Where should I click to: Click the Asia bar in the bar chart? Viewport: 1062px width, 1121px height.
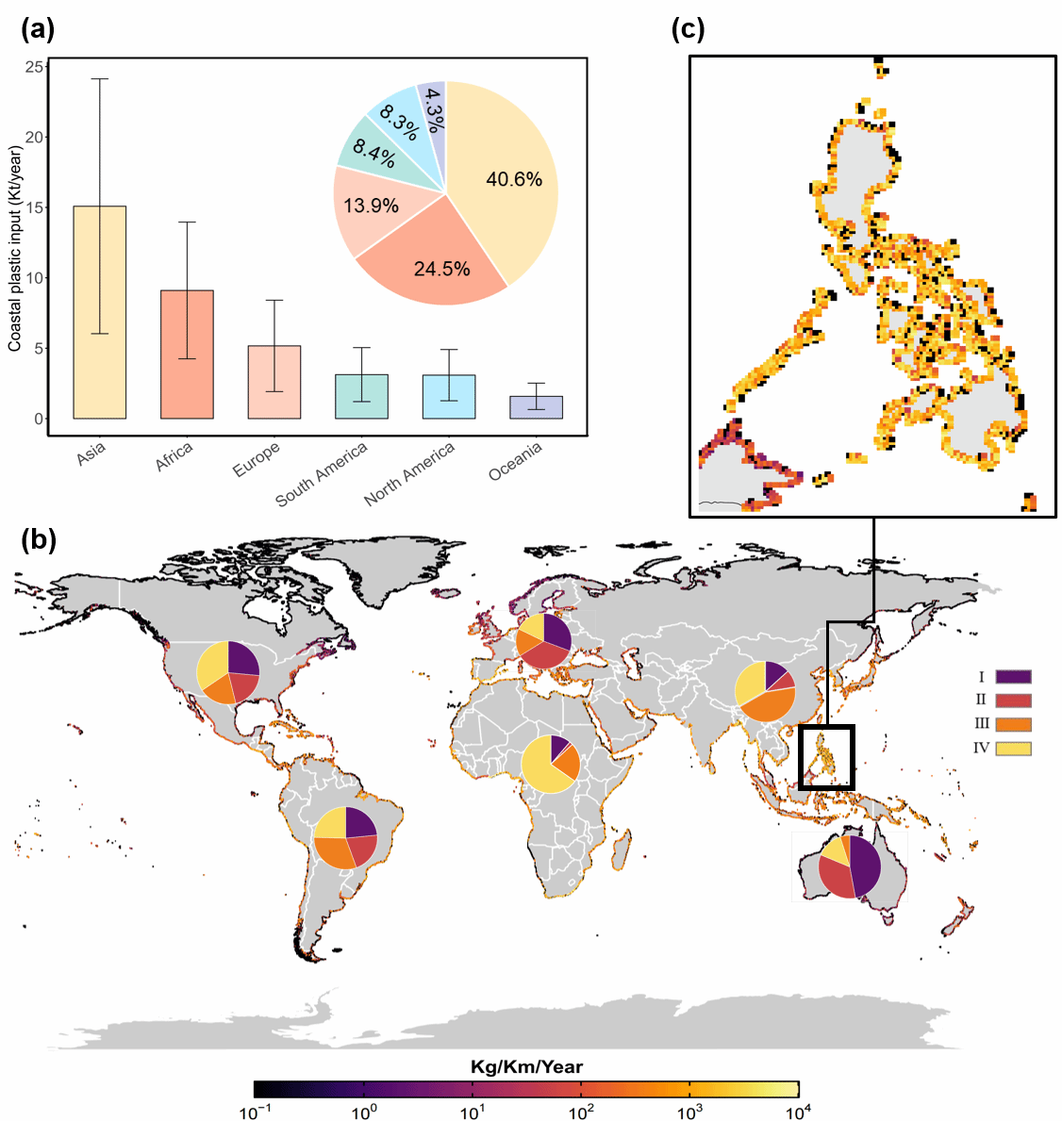100,312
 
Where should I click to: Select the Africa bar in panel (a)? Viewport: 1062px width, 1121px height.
187,354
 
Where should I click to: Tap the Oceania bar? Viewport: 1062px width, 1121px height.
536,407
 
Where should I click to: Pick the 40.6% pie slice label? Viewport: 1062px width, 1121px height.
514,179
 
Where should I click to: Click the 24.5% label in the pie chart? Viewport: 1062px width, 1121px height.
441,270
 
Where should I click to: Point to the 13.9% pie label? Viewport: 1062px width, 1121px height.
371,206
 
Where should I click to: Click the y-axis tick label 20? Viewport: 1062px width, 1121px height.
35,138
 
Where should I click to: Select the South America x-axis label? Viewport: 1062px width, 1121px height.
322,474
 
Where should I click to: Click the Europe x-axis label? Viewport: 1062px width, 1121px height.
257,459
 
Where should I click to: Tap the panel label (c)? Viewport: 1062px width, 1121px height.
688,29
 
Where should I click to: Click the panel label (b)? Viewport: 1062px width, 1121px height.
39,539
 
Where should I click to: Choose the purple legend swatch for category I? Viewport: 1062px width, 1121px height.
1013,677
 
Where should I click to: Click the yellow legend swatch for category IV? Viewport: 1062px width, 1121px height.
1013,749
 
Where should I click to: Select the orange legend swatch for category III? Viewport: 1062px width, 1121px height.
1013,725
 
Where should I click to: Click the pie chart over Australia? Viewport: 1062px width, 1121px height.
850,866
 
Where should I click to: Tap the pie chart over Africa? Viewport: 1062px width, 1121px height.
553,763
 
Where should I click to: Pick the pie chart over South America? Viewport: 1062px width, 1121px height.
346,837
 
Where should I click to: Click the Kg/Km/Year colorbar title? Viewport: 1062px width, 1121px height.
526,1067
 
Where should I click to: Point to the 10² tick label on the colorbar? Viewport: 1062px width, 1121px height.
581,1113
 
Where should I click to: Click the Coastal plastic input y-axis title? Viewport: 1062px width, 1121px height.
15,249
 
